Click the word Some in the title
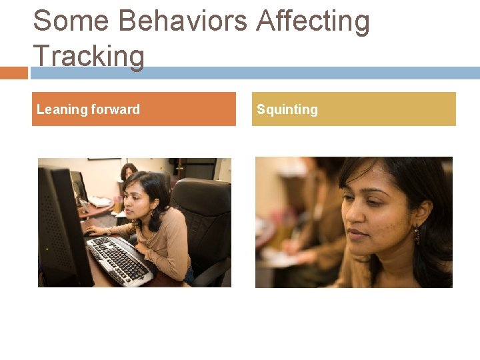(71, 21)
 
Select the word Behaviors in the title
(183, 21)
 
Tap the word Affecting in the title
(313, 21)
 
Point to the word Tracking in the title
(88, 56)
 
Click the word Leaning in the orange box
(62, 109)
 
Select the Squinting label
(287, 109)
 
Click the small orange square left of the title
(13, 73)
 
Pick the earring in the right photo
(417, 235)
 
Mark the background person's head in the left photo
(129, 171)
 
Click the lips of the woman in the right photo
(359, 233)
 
